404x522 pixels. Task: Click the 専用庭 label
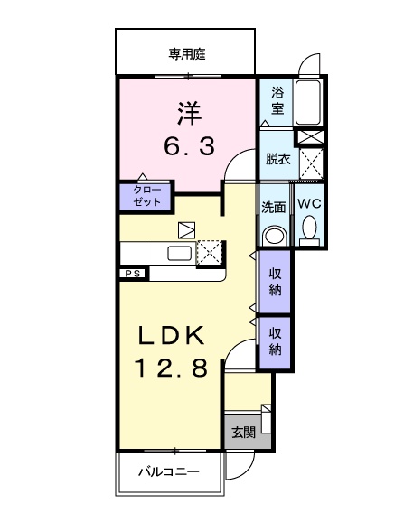(x=185, y=53)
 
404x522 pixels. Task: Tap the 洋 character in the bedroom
(x=189, y=115)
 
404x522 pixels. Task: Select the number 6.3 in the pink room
(x=189, y=146)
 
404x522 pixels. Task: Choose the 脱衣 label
(x=277, y=159)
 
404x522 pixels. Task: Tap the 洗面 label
(x=274, y=207)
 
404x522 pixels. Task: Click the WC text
(x=309, y=205)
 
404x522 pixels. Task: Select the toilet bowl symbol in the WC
(x=309, y=231)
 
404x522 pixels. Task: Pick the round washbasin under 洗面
(x=273, y=235)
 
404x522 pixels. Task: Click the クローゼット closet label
(x=144, y=197)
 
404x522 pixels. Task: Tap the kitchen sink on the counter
(x=178, y=254)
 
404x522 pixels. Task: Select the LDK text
(x=173, y=335)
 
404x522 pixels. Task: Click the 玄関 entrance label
(x=240, y=433)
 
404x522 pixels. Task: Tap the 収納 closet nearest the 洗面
(x=274, y=283)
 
